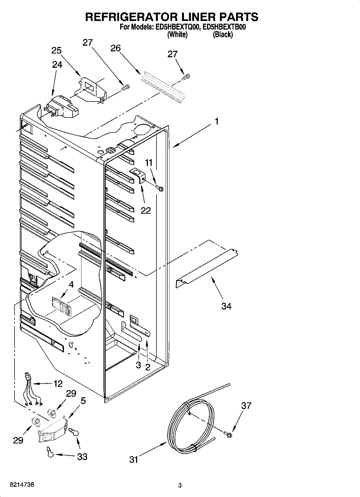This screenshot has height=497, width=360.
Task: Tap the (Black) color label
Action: coord(223,35)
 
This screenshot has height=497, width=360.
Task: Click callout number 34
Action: coord(226,306)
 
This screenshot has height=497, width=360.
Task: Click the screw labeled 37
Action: coord(228,433)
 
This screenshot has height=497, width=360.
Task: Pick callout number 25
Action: coord(56,51)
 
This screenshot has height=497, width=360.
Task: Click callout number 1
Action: coord(217,122)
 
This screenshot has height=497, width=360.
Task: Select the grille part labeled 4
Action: coord(61,306)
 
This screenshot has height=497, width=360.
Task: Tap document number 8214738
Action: coord(22,485)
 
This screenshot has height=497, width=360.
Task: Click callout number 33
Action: coord(82,456)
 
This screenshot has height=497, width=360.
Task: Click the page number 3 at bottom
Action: coord(180,485)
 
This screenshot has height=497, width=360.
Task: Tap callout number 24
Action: coord(57,65)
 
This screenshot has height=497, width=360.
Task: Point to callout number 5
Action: coord(83,401)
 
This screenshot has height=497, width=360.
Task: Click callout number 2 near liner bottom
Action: coord(148,367)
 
